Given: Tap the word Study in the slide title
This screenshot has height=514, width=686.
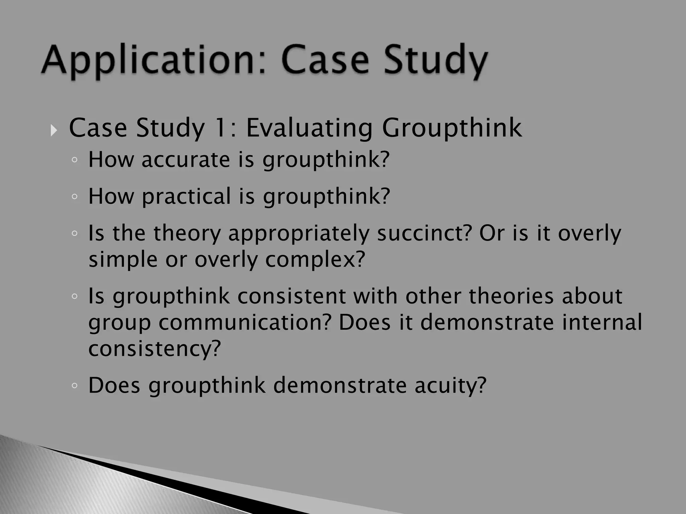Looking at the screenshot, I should coord(435,61).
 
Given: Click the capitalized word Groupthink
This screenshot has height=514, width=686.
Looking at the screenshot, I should coord(452,128).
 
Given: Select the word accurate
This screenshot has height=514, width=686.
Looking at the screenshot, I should coord(186,160).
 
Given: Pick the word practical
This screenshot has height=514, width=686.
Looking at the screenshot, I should coord(186,196).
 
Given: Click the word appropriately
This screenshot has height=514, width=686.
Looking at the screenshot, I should coord(298,234).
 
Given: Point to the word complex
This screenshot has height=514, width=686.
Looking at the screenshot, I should coord(315,260).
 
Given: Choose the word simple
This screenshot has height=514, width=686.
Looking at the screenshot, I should coord(123,260).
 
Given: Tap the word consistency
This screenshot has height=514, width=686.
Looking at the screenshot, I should coord(154,348).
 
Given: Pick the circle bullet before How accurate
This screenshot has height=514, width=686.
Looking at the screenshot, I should coord(74,160).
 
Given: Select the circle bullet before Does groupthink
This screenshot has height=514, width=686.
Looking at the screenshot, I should coord(74,386).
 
